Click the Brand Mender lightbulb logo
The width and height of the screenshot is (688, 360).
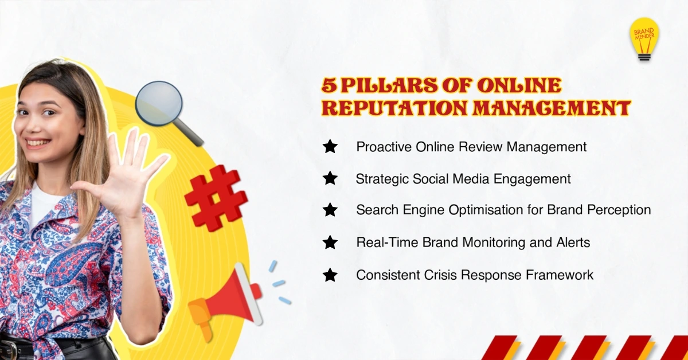[644, 39]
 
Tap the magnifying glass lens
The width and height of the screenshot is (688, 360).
[159, 103]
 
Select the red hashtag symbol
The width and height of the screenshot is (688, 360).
[216, 198]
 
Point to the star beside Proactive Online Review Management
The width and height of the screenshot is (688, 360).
[330, 146]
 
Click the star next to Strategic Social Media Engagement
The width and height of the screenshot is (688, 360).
[330, 178]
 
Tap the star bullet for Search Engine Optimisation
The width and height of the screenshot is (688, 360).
[330, 210]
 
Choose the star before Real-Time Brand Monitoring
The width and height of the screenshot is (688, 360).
[330, 242]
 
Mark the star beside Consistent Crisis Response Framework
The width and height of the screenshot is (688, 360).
[330, 275]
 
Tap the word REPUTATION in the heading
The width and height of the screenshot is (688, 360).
[394, 108]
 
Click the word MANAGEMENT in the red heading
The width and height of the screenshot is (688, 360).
[552, 108]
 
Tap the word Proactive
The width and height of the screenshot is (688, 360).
[384, 147]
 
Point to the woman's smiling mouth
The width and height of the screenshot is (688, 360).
[38, 143]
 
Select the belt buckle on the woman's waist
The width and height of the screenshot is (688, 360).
[9, 349]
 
